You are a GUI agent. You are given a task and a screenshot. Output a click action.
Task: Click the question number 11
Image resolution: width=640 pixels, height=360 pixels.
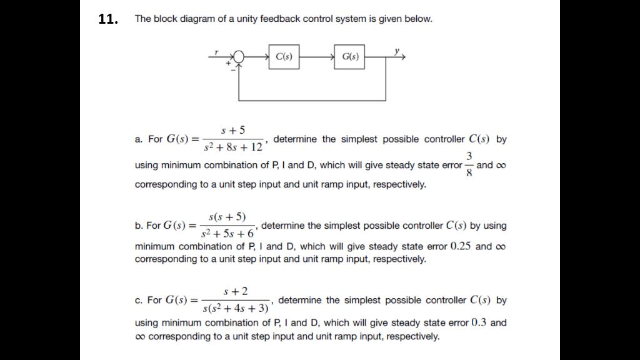(x=108, y=19)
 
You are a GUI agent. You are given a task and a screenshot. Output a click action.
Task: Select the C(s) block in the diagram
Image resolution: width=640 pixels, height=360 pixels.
(x=284, y=57)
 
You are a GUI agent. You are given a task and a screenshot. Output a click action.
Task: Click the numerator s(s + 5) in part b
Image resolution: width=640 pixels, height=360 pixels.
(x=226, y=216)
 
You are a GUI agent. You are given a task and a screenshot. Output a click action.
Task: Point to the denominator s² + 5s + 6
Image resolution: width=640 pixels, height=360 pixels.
(x=227, y=234)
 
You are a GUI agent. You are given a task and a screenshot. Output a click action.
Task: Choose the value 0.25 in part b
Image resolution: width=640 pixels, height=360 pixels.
(x=461, y=246)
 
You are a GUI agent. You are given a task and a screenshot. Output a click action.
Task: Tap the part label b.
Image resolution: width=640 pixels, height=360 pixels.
(x=138, y=226)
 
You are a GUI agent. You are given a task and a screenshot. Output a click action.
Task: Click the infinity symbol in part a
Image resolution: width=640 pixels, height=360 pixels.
(x=500, y=166)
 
